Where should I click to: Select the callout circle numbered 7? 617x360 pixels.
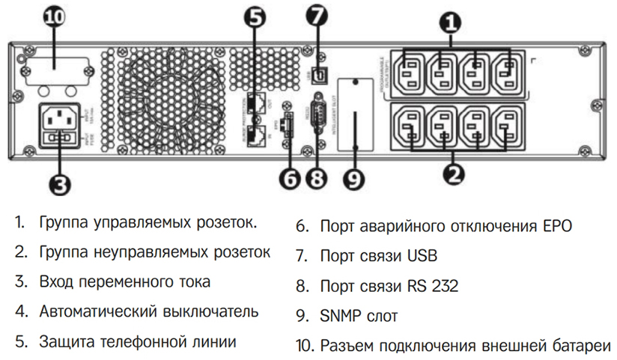tap(318, 16)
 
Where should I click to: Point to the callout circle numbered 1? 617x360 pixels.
tap(450, 21)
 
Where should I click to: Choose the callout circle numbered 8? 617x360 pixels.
tap(317, 179)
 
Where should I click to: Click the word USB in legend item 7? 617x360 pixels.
tap(423, 256)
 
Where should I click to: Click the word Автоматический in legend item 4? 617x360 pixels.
tap(103, 311)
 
